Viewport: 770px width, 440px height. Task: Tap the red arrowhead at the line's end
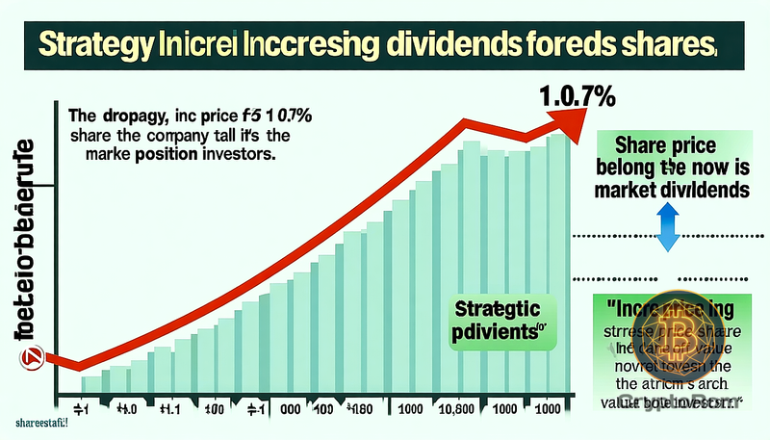point(562,119)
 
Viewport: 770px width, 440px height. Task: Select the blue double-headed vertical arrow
point(664,230)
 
